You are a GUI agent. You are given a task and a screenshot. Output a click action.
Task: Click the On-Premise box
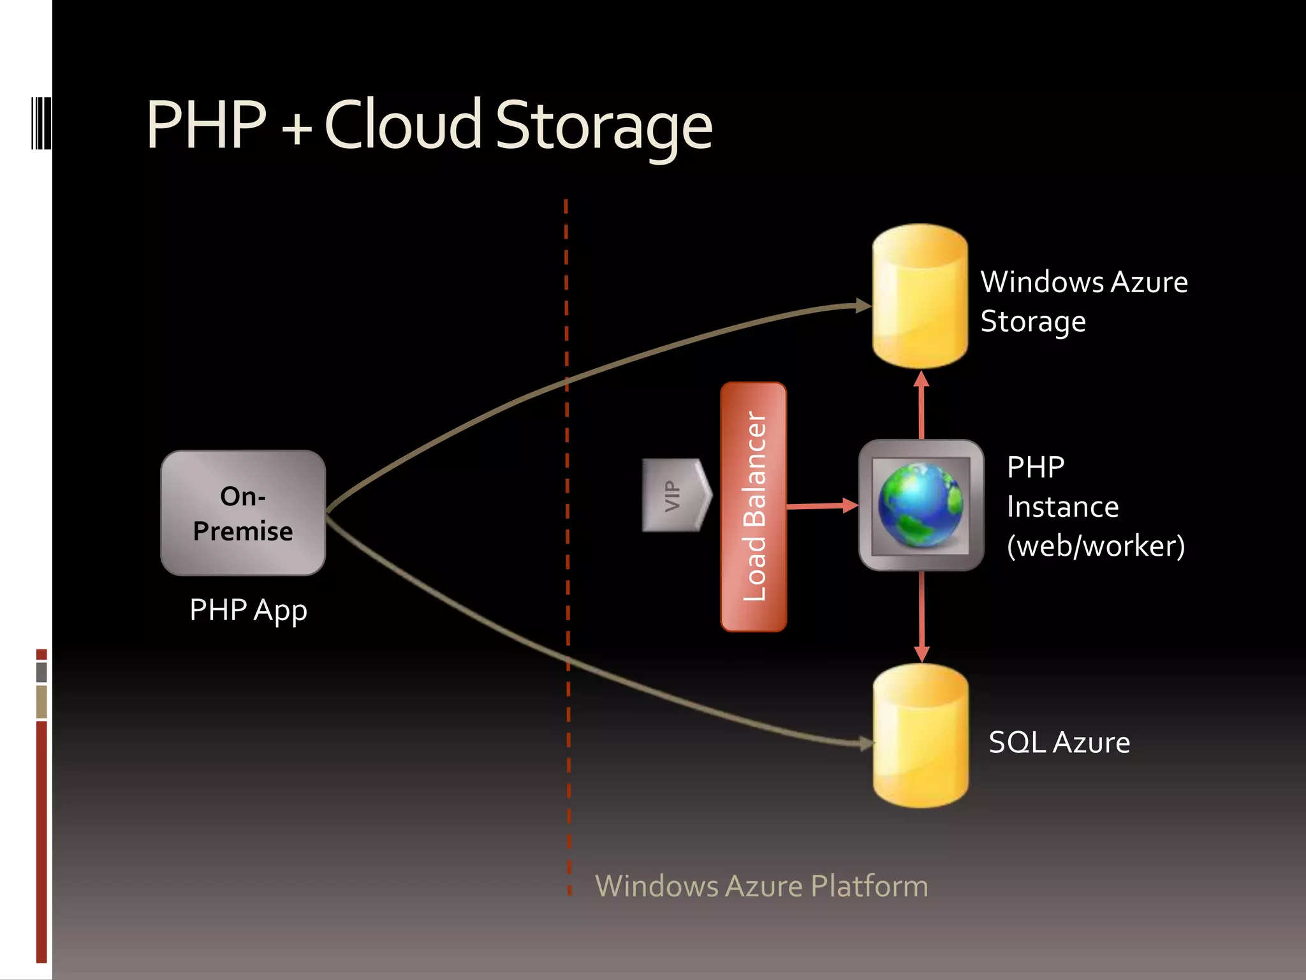[x=243, y=513]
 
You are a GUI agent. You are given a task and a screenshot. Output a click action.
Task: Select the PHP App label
[x=248, y=611]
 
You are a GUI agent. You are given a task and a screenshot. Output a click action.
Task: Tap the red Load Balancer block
[x=753, y=507]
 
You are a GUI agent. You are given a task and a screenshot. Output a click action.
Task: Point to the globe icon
[x=920, y=505]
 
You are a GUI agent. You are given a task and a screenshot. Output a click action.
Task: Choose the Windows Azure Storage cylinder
[x=920, y=297]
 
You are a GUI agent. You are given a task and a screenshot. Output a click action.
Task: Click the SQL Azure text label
[x=1059, y=743]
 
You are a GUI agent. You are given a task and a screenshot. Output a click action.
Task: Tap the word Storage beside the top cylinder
[x=1032, y=322]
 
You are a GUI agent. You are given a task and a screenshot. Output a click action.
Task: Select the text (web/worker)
[x=1095, y=546]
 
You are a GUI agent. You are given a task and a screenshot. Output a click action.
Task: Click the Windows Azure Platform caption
[x=761, y=886]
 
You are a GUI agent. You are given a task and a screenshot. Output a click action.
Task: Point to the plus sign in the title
[x=297, y=128]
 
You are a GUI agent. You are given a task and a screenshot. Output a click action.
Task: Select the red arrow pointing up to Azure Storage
[x=921, y=405]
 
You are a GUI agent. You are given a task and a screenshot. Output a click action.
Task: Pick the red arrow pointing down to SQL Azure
[x=921, y=616]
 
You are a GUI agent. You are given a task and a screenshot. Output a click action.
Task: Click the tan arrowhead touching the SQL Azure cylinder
[x=865, y=743]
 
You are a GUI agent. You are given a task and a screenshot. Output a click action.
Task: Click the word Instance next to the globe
[x=1062, y=507]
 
